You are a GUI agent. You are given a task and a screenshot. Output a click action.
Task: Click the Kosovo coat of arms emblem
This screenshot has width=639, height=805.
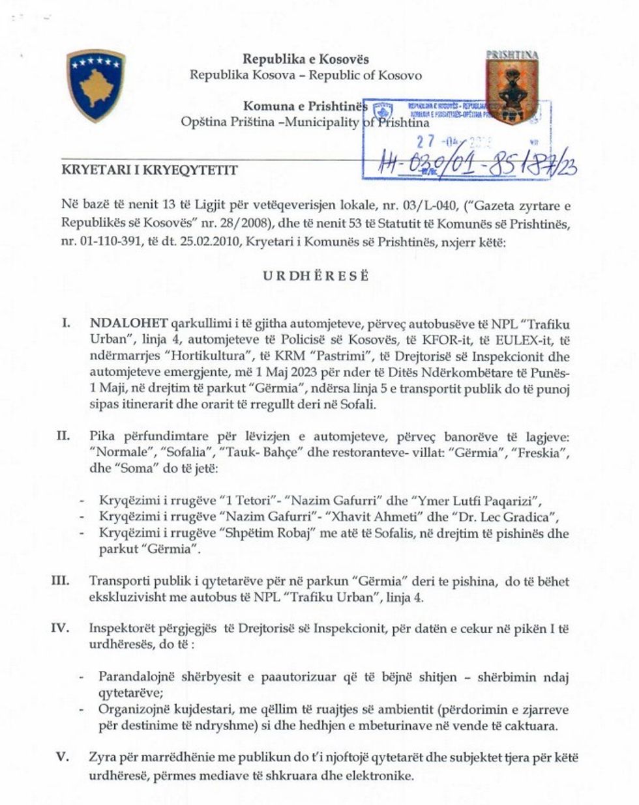point(96,85)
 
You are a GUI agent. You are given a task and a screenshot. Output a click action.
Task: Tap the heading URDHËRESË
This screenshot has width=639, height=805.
point(316,275)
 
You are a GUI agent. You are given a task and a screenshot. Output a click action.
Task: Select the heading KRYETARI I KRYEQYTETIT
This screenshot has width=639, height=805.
point(149,170)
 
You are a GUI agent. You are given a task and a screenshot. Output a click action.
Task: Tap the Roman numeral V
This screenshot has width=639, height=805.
point(63,758)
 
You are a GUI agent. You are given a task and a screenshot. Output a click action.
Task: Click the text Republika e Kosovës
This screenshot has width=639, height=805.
point(306,59)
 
